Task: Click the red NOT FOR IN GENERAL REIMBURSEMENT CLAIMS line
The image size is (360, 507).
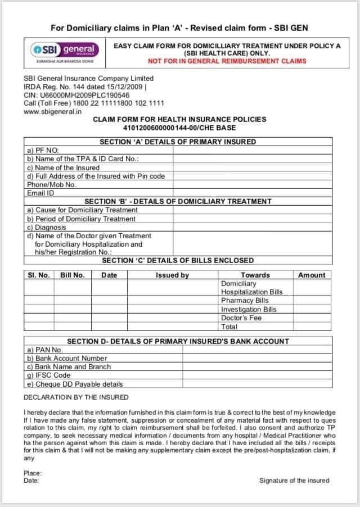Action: click(x=227, y=61)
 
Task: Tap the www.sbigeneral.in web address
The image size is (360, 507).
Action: click(x=53, y=111)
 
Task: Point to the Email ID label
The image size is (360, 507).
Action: click(x=41, y=193)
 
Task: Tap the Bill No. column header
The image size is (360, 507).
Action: click(x=72, y=275)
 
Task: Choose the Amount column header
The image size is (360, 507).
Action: click(x=312, y=275)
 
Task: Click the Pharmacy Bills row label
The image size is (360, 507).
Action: click(x=245, y=301)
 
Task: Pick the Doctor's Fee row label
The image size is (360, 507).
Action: click(x=241, y=318)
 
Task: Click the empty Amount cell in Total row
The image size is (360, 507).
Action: click(x=312, y=326)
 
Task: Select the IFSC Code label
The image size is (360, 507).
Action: click(x=49, y=375)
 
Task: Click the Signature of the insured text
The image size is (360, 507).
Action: click(x=294, y=481)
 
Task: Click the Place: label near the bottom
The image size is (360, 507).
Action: click(x=33, y=473)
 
